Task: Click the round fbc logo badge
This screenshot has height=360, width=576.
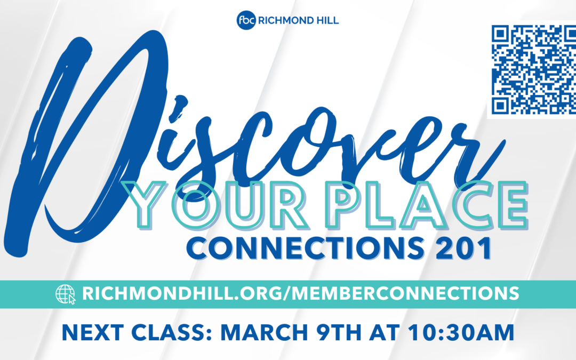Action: click(x=246, y=20)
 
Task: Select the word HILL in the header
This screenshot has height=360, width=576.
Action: click(x=326, y=21)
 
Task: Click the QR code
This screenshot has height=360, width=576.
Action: click(x=533, y=69)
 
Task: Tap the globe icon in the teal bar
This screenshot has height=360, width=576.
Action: click(x=66, y=294)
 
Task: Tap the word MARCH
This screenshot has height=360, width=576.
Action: click(x=264, y=333)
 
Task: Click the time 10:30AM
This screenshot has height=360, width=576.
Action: click(x=461, y=333)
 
